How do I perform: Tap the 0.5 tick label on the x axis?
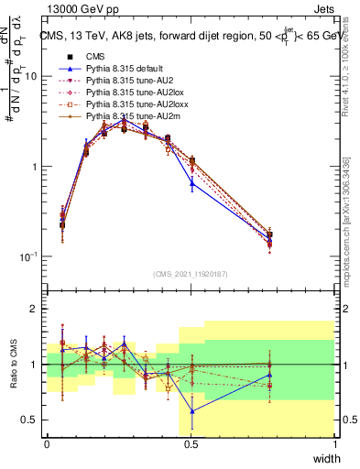coord(191,444)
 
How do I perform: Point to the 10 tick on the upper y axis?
coord(30,76)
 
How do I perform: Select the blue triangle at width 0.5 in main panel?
coord(191,183)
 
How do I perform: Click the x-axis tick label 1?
coord(334,444)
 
